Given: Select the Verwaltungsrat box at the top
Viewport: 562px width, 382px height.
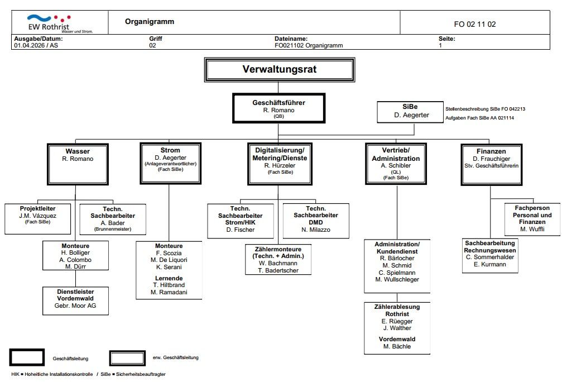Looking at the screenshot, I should click(280, 69).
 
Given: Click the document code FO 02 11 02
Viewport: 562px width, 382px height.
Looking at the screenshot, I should click(474, 24).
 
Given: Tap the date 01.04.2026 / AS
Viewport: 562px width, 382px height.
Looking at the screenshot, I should click(36, 46).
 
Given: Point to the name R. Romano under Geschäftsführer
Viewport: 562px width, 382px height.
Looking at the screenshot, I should click(278, 110).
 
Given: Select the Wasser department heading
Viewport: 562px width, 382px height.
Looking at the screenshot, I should click(78, 151).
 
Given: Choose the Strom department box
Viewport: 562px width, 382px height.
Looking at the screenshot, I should click(170, 163).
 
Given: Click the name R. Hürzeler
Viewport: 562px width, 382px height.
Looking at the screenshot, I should click(280, 166).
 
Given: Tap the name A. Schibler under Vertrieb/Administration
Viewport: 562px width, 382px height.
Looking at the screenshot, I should click(396, 166).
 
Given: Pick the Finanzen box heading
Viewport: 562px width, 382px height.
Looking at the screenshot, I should click(491, 151).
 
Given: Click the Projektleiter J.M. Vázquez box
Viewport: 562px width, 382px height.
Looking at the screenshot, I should click(38, 218).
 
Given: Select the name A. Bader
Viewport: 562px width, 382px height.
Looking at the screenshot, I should click(112, 223).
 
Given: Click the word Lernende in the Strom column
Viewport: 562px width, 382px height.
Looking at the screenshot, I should click(169, 278).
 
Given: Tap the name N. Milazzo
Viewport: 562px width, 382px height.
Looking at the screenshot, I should click(316, 230).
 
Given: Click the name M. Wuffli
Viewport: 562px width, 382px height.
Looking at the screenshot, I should click(532, 229).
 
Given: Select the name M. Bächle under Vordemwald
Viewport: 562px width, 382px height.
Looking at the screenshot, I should click(397, 346).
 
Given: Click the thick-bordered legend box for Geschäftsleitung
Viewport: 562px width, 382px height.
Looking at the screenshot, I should click(27, 357).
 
